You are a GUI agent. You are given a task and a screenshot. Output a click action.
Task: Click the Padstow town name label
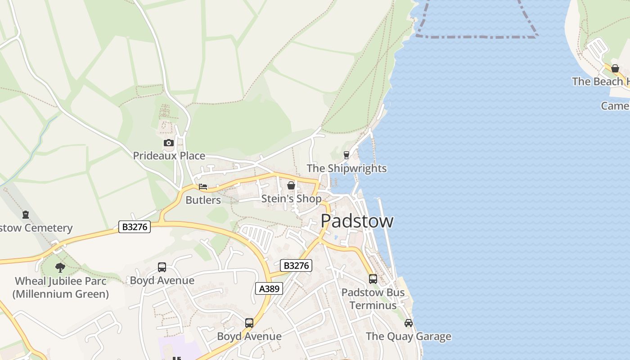point(357,221)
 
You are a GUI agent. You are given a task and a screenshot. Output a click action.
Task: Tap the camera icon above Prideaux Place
point(168,143)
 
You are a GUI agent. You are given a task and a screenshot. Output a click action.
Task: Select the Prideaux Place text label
point(169,156)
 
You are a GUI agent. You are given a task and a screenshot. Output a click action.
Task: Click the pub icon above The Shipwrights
point(346,155)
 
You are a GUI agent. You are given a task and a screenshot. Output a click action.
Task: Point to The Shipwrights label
point(346,169)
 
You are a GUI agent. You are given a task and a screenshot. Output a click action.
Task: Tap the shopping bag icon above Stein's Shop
point(291,185)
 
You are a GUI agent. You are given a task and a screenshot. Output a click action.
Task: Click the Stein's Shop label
point(291,199)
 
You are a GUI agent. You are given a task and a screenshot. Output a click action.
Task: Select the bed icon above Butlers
point(203,187)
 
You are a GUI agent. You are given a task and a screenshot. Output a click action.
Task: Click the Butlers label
point(203,200)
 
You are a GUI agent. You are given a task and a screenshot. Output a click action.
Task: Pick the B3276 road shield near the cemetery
point(135,227)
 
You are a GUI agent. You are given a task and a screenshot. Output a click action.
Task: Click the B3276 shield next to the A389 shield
point(296,265)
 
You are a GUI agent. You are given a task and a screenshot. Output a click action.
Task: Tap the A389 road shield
point(270,288)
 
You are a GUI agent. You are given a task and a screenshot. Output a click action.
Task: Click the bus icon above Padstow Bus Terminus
point(373,279)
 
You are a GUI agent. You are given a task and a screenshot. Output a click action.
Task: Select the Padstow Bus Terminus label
point(373,299)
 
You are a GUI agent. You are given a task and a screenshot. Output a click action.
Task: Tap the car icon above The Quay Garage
point(408,323)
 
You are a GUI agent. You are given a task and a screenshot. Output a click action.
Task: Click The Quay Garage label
point(408,337)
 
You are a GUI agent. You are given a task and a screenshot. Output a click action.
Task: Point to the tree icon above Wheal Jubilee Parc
point(60,268)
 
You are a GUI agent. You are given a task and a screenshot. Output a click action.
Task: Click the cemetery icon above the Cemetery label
point(26,215)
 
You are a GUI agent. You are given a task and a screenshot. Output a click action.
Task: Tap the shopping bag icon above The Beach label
point(615,68)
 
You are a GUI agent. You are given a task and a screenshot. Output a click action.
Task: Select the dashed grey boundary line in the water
point(477,36)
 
